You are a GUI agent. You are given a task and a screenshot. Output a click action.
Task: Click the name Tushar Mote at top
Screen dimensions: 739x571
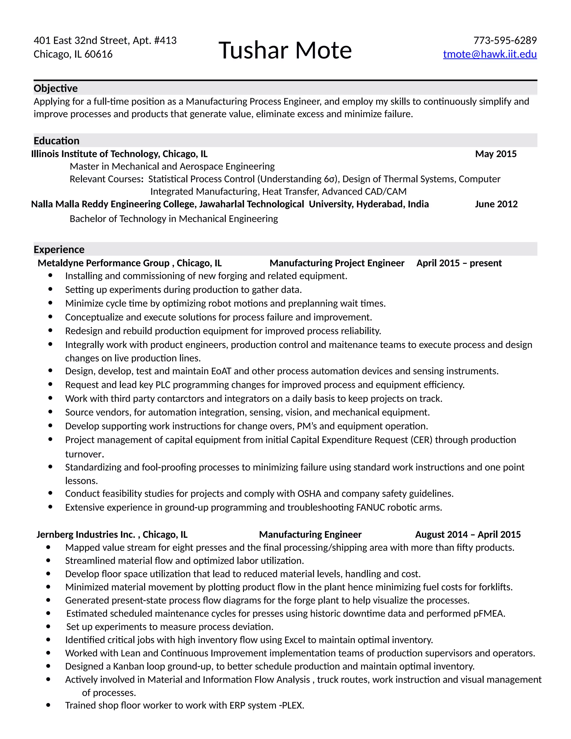pos(285,50)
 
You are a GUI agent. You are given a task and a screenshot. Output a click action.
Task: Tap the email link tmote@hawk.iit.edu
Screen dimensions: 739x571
pos(490,54)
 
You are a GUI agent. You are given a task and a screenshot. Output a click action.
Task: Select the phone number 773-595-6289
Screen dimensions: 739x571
pos(505,41)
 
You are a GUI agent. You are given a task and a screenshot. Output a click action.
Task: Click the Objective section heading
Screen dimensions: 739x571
pos(55,88)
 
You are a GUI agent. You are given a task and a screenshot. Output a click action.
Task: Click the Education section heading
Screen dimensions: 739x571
pos(57,141)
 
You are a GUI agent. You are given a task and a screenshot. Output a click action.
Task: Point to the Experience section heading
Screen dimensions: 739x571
pos(59,249)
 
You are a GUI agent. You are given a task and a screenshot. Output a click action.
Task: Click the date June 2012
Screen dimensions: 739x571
pos(496,204)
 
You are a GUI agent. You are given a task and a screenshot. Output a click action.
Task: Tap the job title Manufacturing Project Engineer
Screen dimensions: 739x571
pos(337,263)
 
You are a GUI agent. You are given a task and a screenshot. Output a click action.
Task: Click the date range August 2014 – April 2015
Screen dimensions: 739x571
pos(468,534)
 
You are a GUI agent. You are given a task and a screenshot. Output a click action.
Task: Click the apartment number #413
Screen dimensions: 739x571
pos(165,41)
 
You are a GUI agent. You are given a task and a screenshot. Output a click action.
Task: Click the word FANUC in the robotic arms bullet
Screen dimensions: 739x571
pos(371,507)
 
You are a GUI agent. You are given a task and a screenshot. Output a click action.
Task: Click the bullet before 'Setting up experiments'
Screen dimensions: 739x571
pos(50,289)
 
